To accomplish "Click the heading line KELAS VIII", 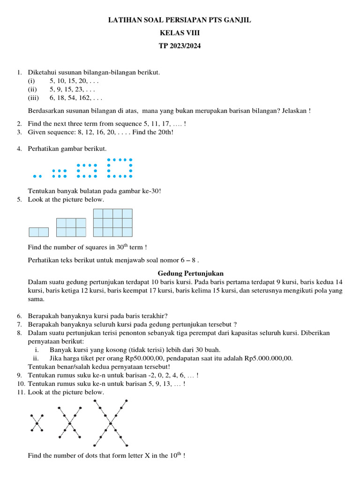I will tap(180, 33).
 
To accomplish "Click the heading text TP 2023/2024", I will tap(180, 46).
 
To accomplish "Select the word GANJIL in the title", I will tap(237, 21).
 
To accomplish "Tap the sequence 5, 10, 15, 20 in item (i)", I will tap(74, 81).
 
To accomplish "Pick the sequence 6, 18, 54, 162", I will tap(75, 98).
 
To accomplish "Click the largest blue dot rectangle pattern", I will tap(120, 168).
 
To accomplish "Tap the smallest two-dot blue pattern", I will tap(37, 176).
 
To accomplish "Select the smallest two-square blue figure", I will tap(38, 232).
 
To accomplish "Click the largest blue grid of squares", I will tap(112, 223).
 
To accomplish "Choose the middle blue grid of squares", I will tap(71, 227).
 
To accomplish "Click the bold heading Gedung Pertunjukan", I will tap(189, 273).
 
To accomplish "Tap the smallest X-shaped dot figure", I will tap(37, 423).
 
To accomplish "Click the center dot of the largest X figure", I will tap(111, 423).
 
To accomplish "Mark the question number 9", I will tap(19, 375).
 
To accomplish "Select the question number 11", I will tap(20, 392).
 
